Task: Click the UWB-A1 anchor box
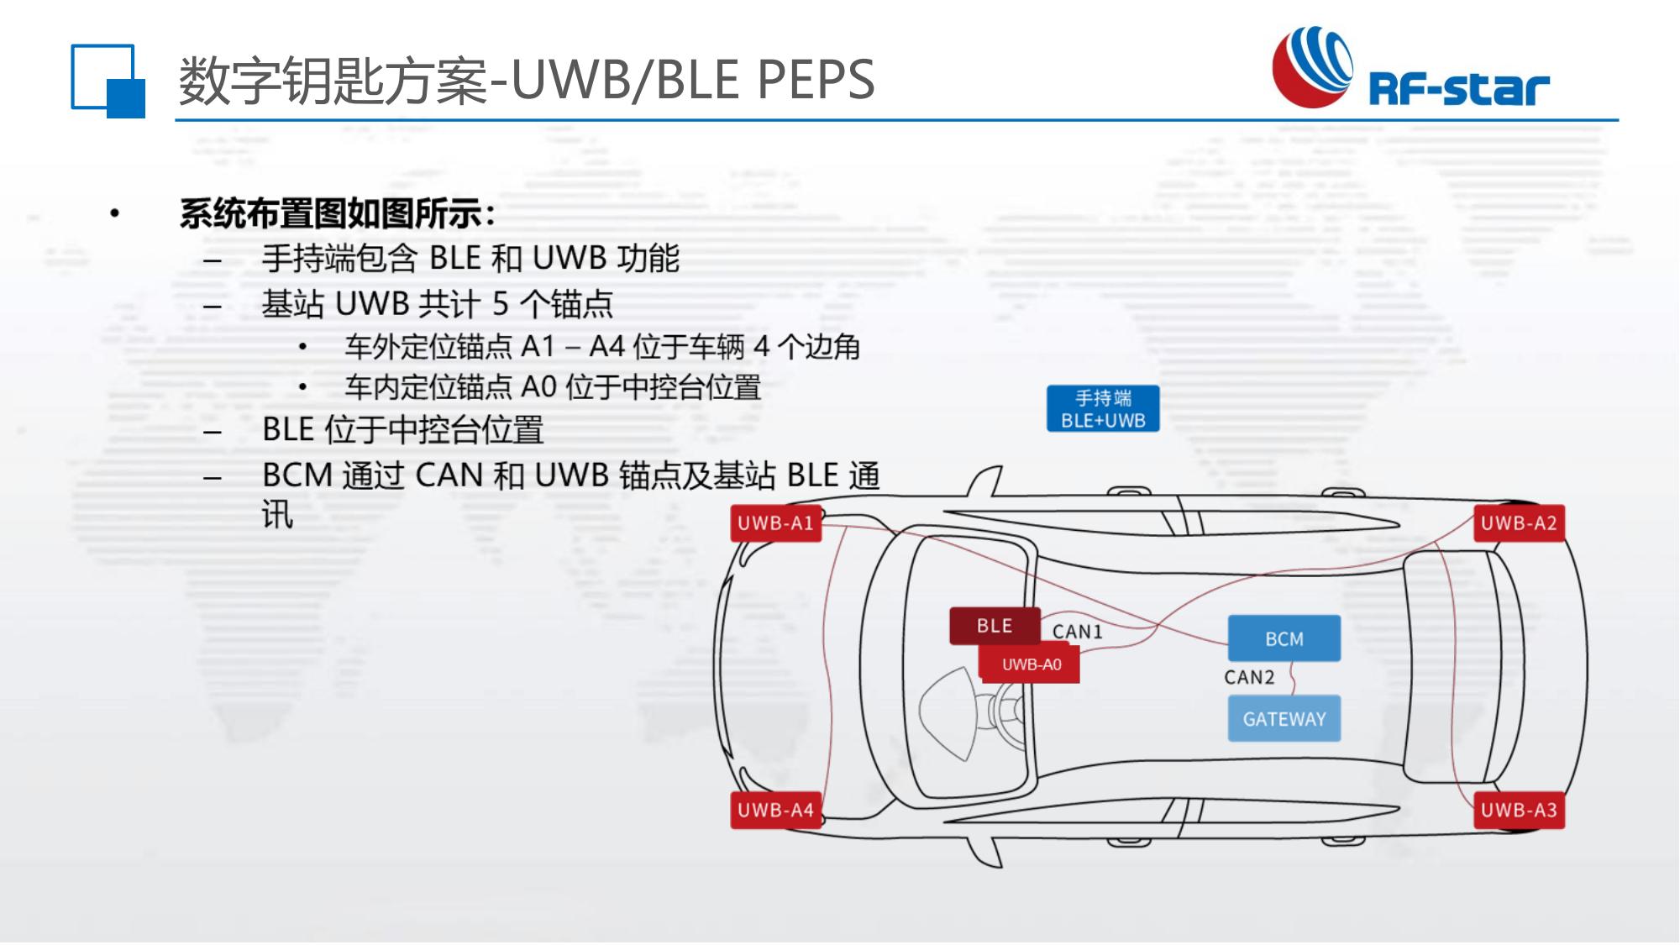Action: pos(775,523)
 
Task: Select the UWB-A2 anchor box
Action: pos(1519,523)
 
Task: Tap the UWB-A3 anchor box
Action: pos(1519,810)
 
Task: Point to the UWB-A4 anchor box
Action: pos(775,810)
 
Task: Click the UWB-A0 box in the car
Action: pos(1031,664)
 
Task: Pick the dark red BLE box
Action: pos(995,626)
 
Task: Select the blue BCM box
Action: pos(1284,638)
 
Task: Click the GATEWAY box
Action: pos(1284,719)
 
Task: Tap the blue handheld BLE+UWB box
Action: pos(1103,409)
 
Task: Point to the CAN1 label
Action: pos(1077,632)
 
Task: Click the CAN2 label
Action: pos(1249,677)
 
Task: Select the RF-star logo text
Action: pos(1459,88)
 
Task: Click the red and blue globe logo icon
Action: pos(1313,67)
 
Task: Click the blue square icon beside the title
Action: pos(108,81)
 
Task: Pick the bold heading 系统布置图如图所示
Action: pos(337,214)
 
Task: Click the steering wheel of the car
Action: pos(1007,714)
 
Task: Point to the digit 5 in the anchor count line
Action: pos(500,303)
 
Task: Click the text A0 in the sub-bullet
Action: pos(538,387)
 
